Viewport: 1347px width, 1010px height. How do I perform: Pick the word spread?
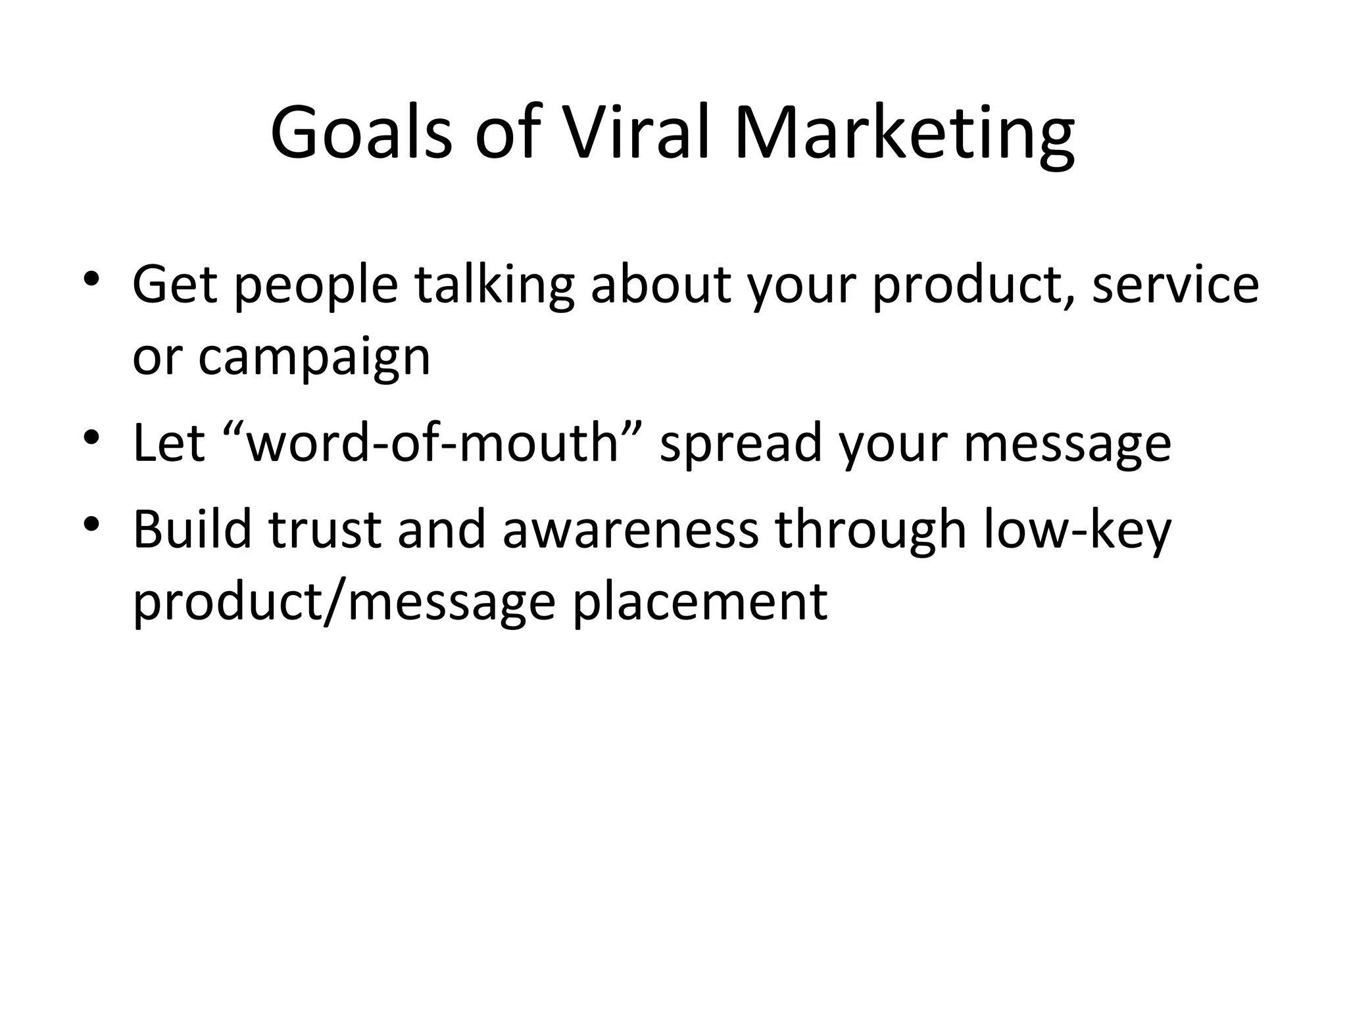(741, 446)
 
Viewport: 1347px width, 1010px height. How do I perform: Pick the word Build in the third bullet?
(192, 530)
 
